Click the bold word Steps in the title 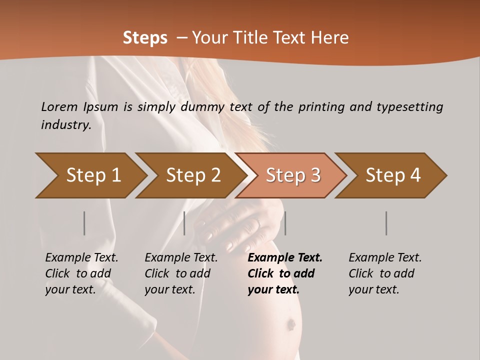pyautogui.click(x=145, y=38)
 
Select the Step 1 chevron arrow pyautogui.click(x=91, y=175)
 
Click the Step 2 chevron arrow pyautogui.click(x=191, y=175)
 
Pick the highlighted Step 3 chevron pyautogui.click(x=291, y=175)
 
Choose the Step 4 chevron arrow pyautogui.click(x=391, y=175)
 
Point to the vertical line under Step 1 pyautogui.click(x=84, y=223)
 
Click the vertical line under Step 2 pyautogui.click(x=184, y=223)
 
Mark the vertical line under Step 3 pyautogui.click(x=285, y=223)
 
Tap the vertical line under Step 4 pyautogui.click(x=386, y=223)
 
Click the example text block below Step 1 pyautogui.click(x=81, y=273)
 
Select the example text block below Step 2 pyautogui.click(x=181, y=273)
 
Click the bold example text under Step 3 pyautogui.click(x=285, y=273)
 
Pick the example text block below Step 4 pyautogui.click(x=385, y=273)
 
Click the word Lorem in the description pyautogui.click(x=59, y=107)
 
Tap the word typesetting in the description pyautogui.click(x=410, y=107)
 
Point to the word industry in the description pyautogui.click(x=66, y=125)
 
